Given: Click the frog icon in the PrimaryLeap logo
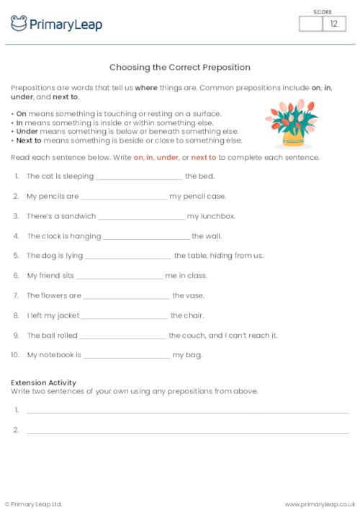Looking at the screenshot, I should (x=19, y=23).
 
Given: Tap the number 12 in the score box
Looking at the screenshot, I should (x=333, y=24).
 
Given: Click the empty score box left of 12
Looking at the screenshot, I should (x=310, y=24).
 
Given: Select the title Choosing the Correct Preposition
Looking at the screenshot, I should (x=180, y=68).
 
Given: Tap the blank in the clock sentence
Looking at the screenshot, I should (x=146, y=236).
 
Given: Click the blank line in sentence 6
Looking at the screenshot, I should (x=120, y=276).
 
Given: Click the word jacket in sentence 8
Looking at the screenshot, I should (x=65, y=316).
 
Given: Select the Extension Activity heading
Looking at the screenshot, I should (x=44, y=382).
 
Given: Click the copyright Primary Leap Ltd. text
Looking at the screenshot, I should (x=34, y=504).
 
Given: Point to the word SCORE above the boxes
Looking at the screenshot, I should (x=323, y=12).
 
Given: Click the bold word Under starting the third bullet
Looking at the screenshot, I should (x=24, y=132).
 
